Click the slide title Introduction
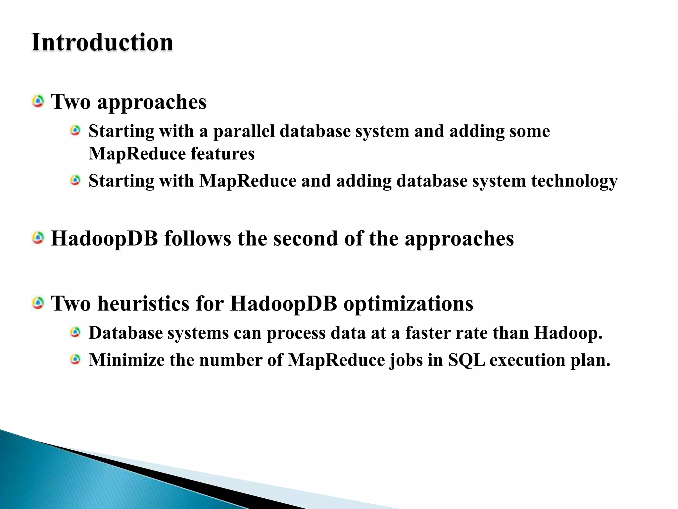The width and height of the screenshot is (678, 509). click(102, 42)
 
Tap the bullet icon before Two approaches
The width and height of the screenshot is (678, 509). click(38, 101)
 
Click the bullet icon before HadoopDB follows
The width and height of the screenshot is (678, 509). click(38, 238)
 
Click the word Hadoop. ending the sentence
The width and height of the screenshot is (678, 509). click(568, 333)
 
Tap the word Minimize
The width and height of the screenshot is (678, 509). click(126, 360)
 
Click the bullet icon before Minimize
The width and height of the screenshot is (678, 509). click(75, 359)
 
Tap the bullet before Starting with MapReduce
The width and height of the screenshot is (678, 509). click(75, 181)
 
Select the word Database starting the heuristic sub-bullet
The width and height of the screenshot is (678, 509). click(126, 333)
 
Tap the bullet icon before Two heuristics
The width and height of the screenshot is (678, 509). click(38, 303)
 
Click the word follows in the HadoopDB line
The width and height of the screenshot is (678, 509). click(198, 238)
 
